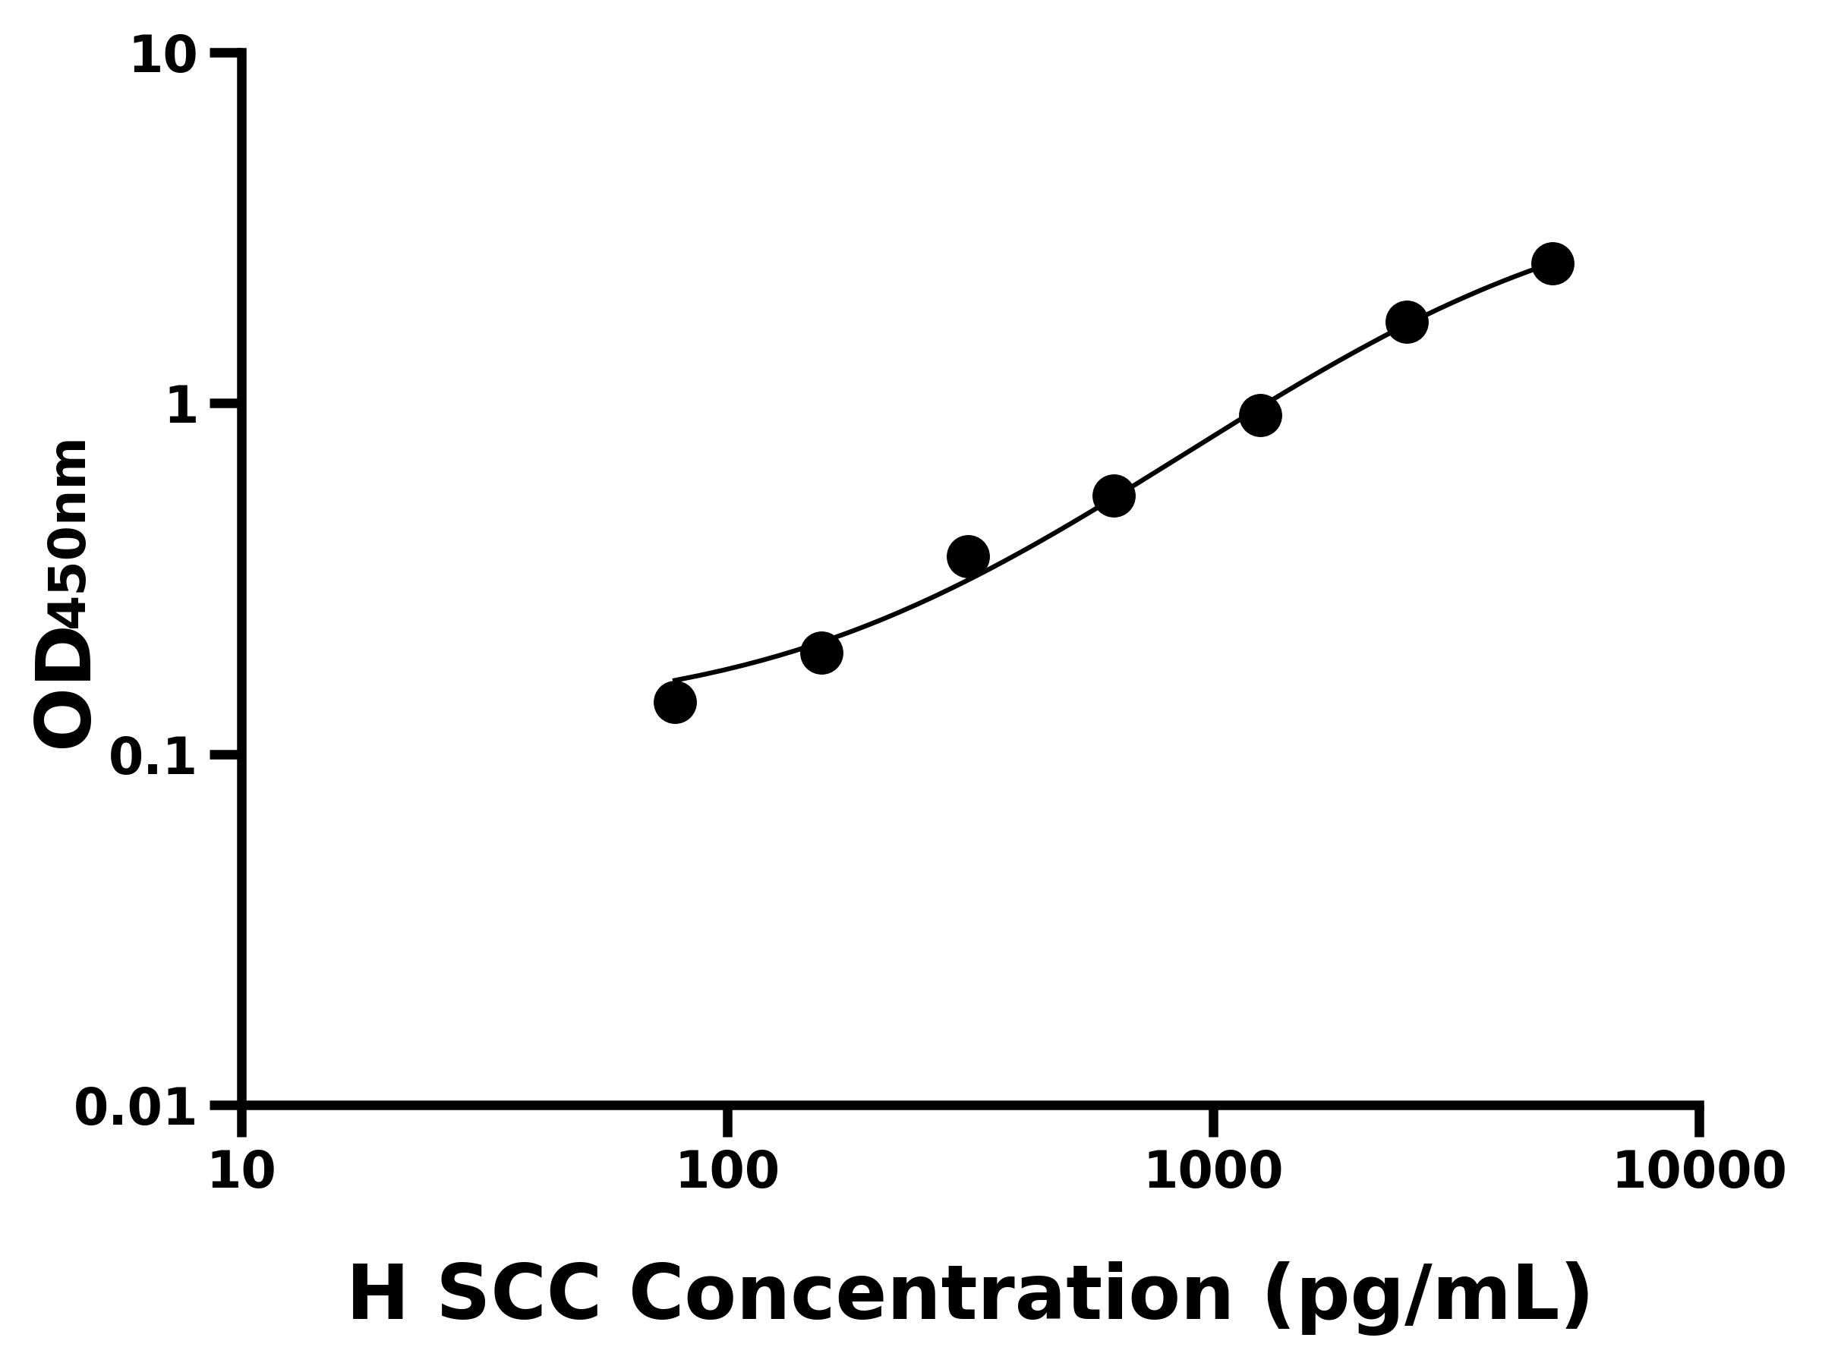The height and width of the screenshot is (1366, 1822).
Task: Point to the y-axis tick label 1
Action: tap(182, 407)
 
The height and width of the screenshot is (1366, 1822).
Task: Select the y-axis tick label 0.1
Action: tap(153, 757)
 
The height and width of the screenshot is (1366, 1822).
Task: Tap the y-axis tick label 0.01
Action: tap(135, 1107)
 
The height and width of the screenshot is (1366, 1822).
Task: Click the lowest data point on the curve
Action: tap(675, 702)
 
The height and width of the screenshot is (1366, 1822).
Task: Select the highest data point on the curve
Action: tap(1552, 263)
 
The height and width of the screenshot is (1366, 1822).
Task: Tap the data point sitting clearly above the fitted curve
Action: tap(968, 556)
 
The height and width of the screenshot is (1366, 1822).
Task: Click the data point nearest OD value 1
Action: tap(1259, 415)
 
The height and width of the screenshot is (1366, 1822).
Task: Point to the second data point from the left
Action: tap(821, 653)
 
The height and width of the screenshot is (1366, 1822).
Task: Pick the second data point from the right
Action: tap(1407, 322)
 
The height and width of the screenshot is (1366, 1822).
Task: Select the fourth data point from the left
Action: tap(1114, 496)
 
